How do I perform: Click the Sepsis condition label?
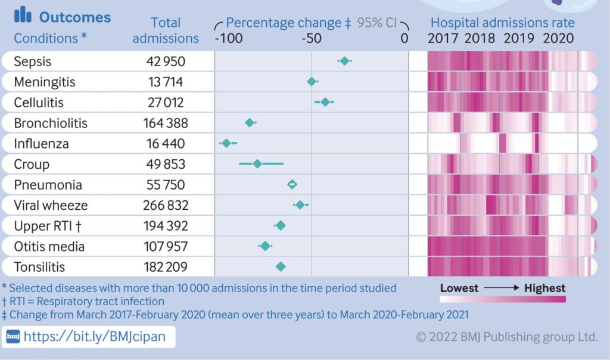coord(33,61)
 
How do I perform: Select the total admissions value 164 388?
coord(166,123)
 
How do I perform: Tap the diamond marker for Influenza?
coord(226,143)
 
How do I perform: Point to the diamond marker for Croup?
coord(257,163)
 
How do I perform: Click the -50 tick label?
coord(311,39)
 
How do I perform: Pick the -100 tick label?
coord(229,39)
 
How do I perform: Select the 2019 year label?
coord(518,39)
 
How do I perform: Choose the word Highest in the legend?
coord(544,288)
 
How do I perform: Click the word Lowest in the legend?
coord(459,288)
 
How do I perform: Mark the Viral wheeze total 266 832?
coord(166,206)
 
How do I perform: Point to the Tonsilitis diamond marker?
coord(281,266)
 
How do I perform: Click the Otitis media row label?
coord(49,246)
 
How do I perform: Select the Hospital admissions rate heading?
coord(502,23)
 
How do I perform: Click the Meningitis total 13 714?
coord(166,82)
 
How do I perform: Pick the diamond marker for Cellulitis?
coord(325,102)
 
